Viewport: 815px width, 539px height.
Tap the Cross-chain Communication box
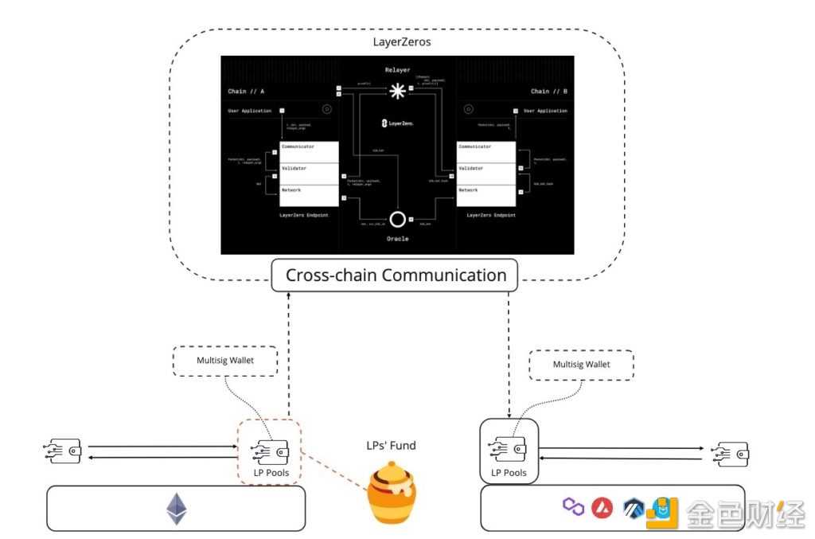point(396,275)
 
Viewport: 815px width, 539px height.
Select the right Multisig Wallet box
point(581,364)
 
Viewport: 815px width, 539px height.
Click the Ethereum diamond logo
point(176,509)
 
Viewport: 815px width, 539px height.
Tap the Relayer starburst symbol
point(396,92)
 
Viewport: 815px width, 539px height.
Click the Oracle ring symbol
point(396,219)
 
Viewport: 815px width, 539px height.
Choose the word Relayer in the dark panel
point(396,69)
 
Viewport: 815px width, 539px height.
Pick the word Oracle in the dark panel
point(396,238)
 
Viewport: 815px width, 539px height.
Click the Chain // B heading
point(548,92)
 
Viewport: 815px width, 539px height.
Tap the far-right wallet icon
point(731,453)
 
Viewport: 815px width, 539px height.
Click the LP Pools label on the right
point(509,473)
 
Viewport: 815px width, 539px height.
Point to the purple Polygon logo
point(573,506)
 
